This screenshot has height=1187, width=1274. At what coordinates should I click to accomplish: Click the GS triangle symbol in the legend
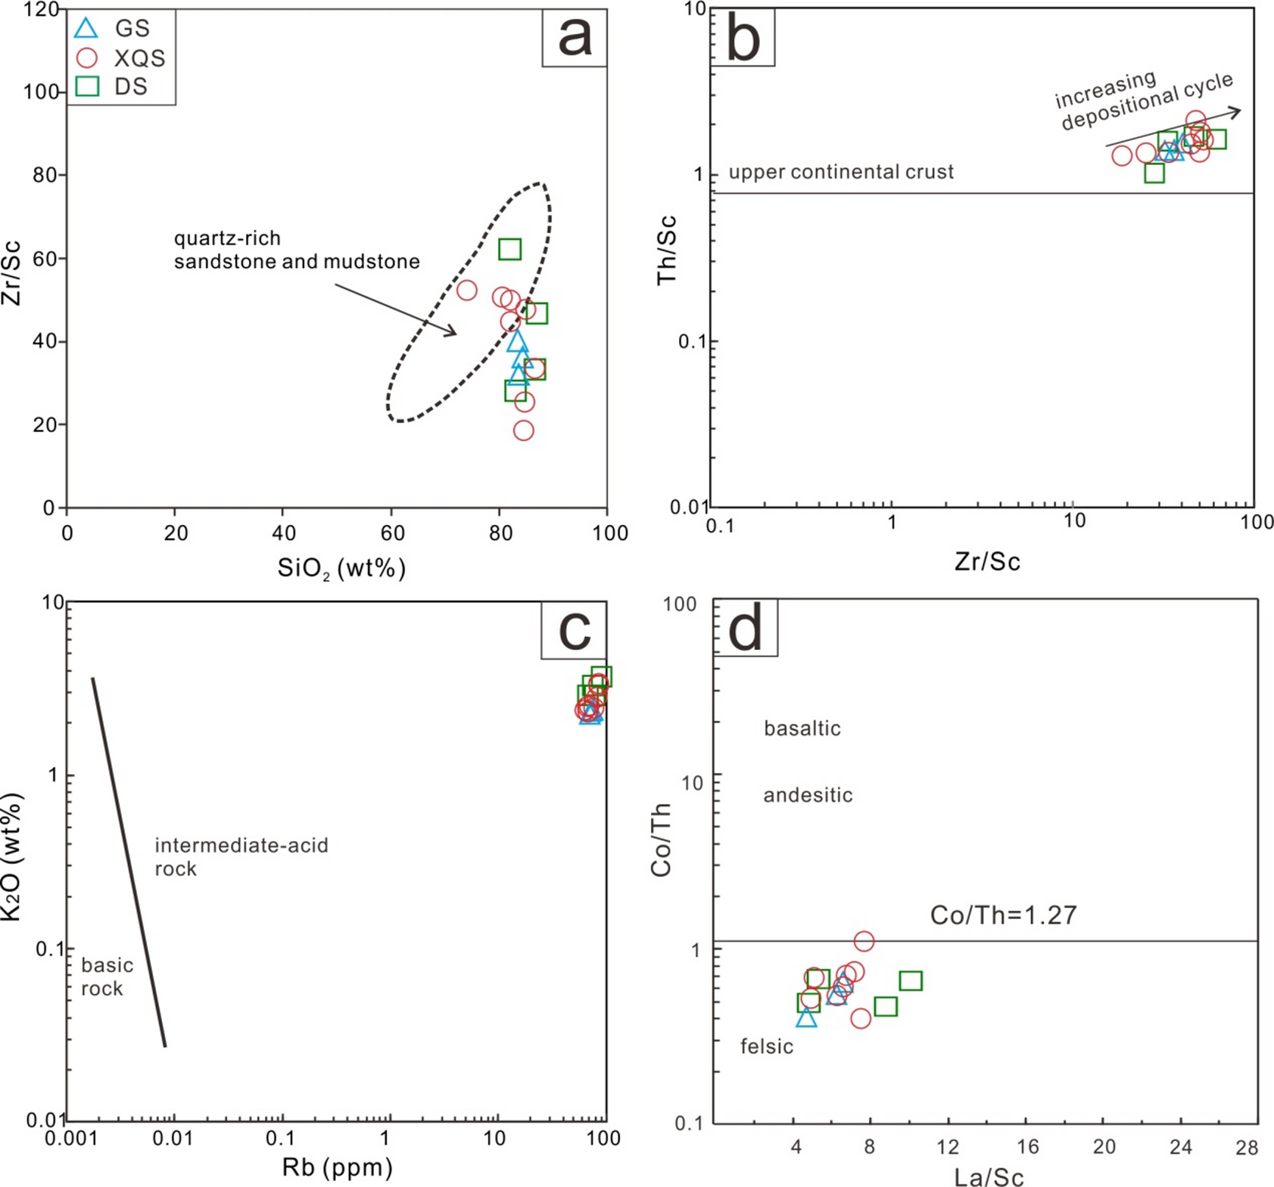point(87,28)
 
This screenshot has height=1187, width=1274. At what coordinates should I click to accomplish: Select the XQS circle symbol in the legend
point(87,57)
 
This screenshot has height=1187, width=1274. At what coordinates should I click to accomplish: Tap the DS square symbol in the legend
point(87,86)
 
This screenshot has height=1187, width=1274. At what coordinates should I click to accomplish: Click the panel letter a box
point(574,37)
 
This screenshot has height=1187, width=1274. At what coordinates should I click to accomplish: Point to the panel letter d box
point(745,629)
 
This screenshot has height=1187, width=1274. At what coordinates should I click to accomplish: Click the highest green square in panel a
point(510,249)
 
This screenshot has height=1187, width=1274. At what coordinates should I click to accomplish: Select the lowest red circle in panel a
point(523,430)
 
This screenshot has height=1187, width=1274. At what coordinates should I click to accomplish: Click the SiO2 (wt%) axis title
point(341,568)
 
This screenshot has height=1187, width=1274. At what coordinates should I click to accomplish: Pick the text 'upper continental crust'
point(841,172)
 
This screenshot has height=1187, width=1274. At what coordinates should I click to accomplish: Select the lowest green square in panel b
point(1154,173)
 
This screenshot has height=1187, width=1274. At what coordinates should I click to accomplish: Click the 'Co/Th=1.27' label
point(1003,915)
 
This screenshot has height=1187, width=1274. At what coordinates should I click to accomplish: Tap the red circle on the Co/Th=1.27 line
point(864,940)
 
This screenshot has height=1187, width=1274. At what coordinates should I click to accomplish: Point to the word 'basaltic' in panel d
point(802,728)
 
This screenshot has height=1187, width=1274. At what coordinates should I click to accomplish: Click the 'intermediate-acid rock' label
point(241,856)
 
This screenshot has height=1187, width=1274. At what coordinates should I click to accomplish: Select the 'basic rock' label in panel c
point(107,976)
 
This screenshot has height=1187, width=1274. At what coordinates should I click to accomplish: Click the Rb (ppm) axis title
point(337,1167)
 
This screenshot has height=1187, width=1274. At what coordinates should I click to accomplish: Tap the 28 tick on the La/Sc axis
point(1247,1147)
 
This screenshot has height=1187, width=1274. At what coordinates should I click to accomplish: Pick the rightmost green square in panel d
point(910,980)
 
